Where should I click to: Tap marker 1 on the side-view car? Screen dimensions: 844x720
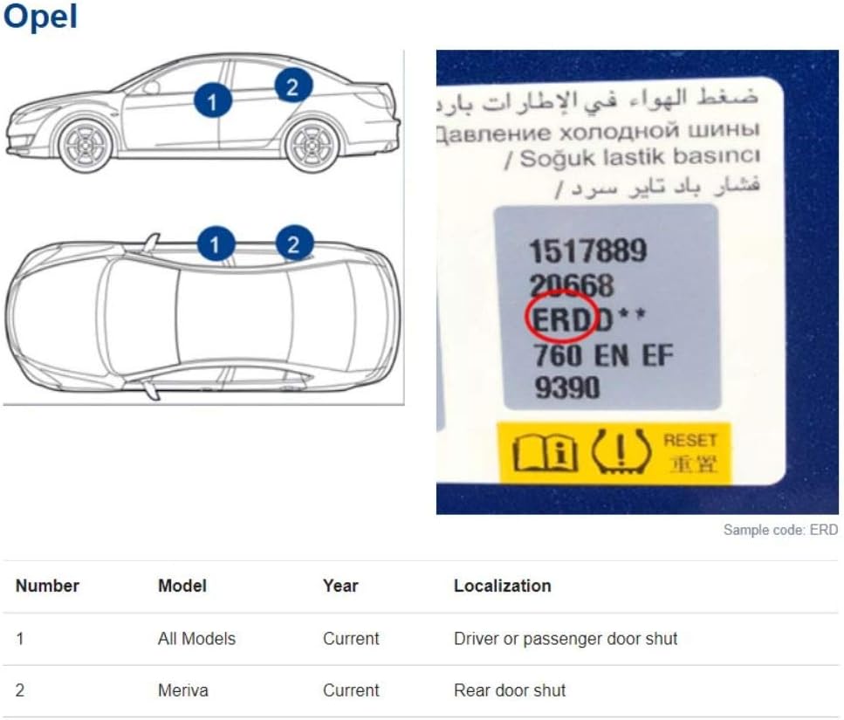click(213, 101)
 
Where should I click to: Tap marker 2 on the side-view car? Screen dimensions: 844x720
click(292, 86)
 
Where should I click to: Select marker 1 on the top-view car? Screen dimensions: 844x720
click(216, 244)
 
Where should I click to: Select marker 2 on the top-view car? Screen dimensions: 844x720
click(294, 244)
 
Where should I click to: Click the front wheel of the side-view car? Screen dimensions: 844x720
click(85, 144)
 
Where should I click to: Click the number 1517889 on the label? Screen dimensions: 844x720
click(587, 250)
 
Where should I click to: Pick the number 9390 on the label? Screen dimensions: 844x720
click(566, 387)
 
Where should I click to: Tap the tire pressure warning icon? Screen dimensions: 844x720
click(620, 451)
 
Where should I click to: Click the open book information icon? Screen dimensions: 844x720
click(545, 453)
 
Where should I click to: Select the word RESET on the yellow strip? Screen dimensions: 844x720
click(690, 440)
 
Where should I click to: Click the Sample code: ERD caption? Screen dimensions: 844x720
click(780, 530)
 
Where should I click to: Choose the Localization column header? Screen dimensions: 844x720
click(502, 586)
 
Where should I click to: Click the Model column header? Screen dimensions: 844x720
click(182, 586)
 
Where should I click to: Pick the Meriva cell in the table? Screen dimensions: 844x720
click(183, 690)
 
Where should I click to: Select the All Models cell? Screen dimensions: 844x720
click(196, 639)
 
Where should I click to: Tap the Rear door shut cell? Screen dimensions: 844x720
click(510, 690)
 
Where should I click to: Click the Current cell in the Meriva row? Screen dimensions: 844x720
click(351, 690)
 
